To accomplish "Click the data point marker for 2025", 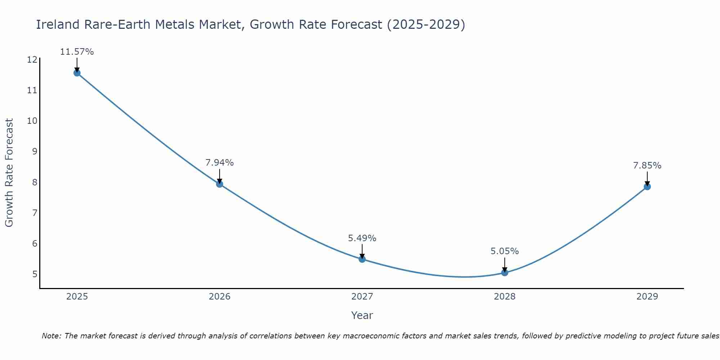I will tap(77, 73).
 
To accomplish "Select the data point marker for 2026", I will tap(220, 184).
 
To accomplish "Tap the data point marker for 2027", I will tap(362, 259).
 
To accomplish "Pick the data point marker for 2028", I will tap(505, 273).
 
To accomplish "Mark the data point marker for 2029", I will tap(647, 187).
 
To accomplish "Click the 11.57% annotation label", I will tap(77, 52).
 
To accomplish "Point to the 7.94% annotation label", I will tap(220, 163).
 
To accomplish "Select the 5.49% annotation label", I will tap(362, 238).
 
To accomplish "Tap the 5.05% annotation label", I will tap(505, 251).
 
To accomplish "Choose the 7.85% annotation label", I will tap(647, 166).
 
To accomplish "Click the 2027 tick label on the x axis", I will tap(362, 297).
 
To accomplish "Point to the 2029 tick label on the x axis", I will tap(647, 297).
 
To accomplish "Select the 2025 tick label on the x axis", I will tap(77, 297).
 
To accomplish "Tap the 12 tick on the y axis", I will tap(32, 60).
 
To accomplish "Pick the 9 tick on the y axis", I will tap(35, 152).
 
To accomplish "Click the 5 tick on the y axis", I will tap(35, 274).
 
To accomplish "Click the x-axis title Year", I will tap(362, 315).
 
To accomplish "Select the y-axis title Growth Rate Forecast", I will tap(9, 173).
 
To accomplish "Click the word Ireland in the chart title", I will tap(58, 24).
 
